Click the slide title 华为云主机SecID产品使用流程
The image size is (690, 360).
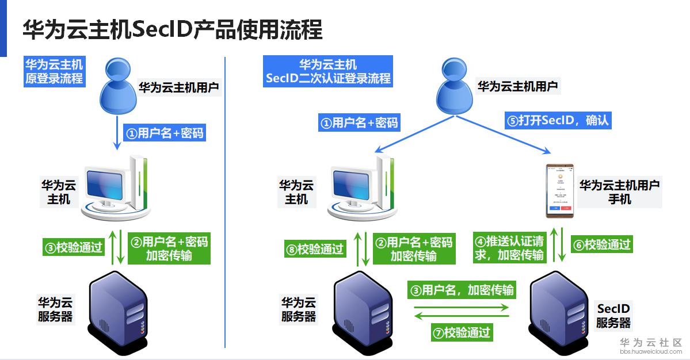pos(172,29)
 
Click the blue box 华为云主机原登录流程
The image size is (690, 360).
pos(54,71)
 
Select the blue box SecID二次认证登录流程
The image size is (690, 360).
pos(328,71)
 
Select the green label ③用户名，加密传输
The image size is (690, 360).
pos(460,289)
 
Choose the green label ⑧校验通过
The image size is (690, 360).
pos(315,249)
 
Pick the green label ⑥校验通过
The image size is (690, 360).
pos(601,244)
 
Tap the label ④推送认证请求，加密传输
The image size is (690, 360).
pos(509,248)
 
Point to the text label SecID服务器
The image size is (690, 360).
pos(613,316)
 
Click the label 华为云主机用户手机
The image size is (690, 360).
pos(619,192)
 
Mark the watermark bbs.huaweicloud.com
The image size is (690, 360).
pos(650,351)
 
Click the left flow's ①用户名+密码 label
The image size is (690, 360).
pos(165,133)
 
